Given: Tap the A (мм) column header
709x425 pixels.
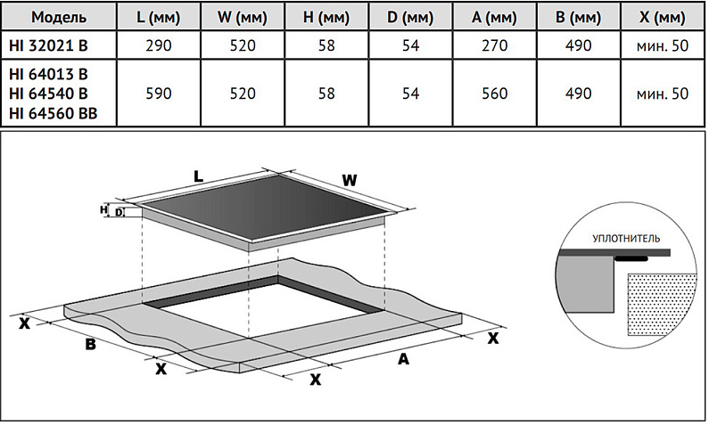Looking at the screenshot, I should [499, 17].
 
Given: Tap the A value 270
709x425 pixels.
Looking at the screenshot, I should [499, 45].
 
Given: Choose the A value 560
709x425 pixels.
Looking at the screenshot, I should [499, 93].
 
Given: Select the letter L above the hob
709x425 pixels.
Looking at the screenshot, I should [199, 177].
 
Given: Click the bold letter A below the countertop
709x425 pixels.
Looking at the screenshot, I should [403, 359].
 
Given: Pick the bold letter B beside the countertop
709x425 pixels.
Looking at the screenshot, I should [90, 346].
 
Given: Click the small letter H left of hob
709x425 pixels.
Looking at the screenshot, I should [104, 210].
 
